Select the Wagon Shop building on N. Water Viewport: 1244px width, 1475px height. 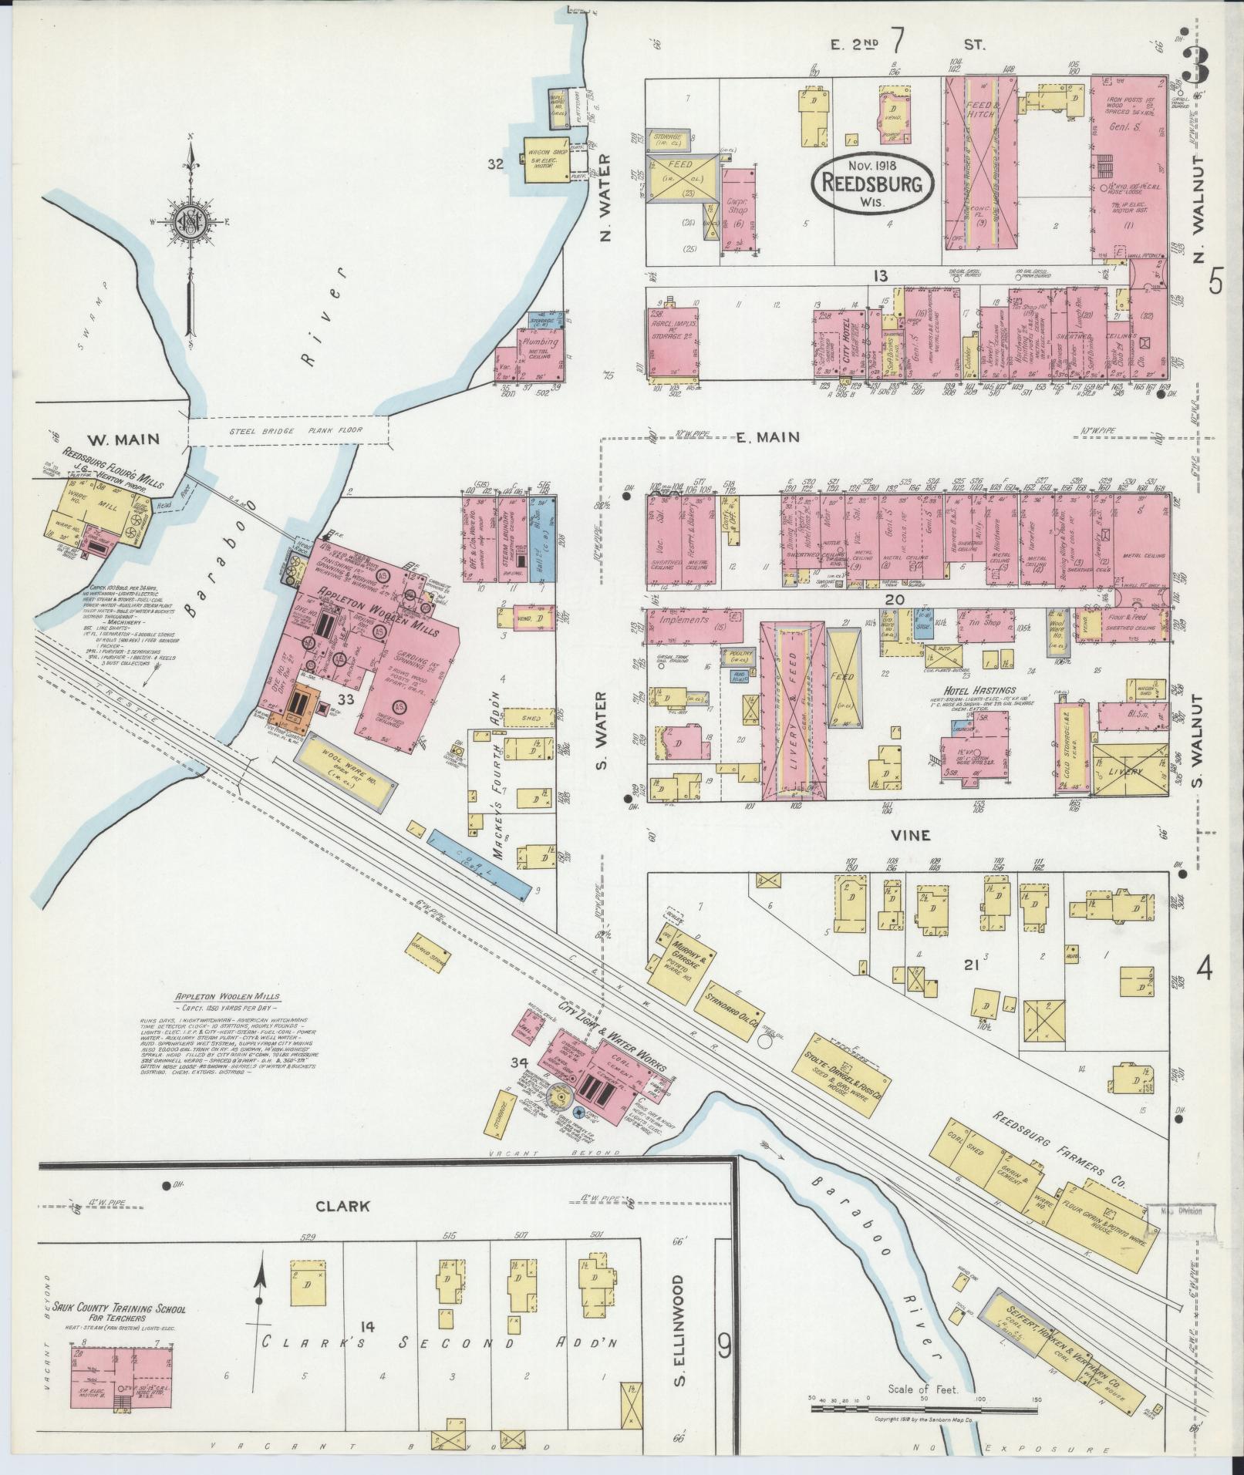pyautogui.click(x=546, y=160)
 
